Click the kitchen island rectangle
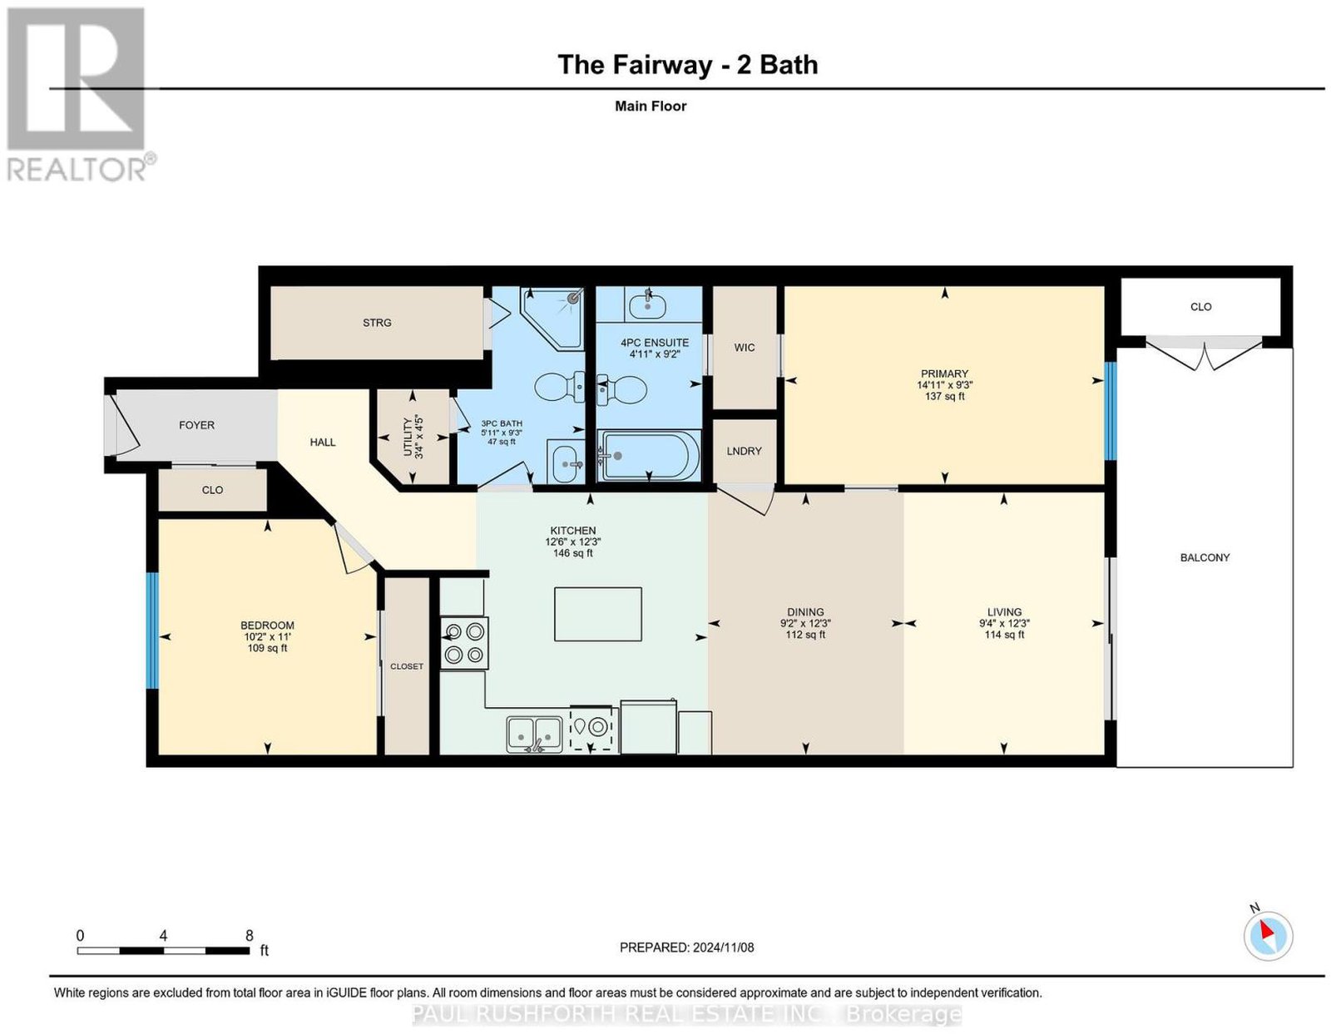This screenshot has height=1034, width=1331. (598, 614)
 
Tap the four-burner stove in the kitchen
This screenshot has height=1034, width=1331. (464, 643)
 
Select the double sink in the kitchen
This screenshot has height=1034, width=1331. (534, 734)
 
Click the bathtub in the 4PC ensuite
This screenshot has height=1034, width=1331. (648, 456)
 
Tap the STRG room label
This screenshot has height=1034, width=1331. (377, 323)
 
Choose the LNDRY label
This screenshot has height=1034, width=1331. (745, 451)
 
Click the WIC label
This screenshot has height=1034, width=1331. (745, 347)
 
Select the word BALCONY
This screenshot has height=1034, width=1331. (1205, 557)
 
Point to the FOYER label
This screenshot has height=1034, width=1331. (196, 425)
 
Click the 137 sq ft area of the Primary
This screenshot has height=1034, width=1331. (944, 396)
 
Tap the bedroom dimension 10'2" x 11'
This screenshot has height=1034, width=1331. (267, 636)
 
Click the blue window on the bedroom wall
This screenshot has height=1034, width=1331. (152, 631)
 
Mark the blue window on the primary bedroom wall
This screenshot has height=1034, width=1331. (1111, 411)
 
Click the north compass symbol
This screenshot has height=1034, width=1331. (1267, 936)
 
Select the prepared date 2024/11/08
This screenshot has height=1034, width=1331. (723, 947)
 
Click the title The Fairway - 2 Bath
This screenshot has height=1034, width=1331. (688, 65)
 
